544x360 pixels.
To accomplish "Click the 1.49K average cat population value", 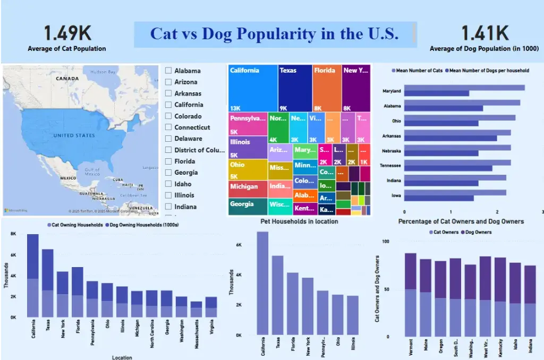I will pos(67,33).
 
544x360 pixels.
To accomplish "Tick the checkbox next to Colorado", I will pos(168,116).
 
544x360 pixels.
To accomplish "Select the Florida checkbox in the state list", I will pos(168,161).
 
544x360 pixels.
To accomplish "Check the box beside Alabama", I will pos(168,71).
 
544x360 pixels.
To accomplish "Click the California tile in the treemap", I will pos(253,88).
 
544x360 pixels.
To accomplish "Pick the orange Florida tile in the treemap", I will pos(327,88).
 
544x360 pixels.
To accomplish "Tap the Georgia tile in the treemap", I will pos(248,206).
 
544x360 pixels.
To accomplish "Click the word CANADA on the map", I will pos(67,78).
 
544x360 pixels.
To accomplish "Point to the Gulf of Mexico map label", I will pos(92,172).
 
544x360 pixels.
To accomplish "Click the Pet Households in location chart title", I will pos(299,221).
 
